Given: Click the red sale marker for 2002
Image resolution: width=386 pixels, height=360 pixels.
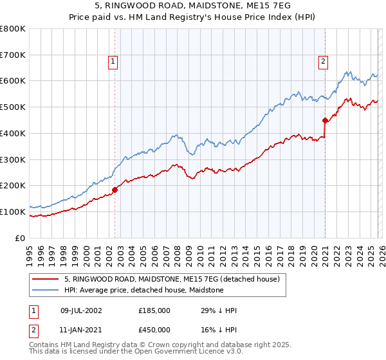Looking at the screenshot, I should (x=115, y=190).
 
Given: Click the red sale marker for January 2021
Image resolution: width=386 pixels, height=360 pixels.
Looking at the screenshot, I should (x=325, y=120).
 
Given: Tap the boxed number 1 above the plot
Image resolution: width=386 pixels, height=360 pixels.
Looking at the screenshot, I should (x=113, y=62).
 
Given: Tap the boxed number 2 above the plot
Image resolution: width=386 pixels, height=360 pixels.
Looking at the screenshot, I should (x=322, y=62).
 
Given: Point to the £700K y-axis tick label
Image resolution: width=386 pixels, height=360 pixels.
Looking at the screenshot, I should (x=13, y=55).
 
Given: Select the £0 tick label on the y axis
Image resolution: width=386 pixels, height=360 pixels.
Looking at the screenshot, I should (x=21, y=238).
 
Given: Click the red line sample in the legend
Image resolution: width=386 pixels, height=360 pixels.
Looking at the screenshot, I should (x=46, y=280).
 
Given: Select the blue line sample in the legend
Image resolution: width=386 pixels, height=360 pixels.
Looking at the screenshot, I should (x=46, y=291).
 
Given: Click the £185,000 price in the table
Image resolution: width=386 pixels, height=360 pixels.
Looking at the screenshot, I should (x=154, y=310).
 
